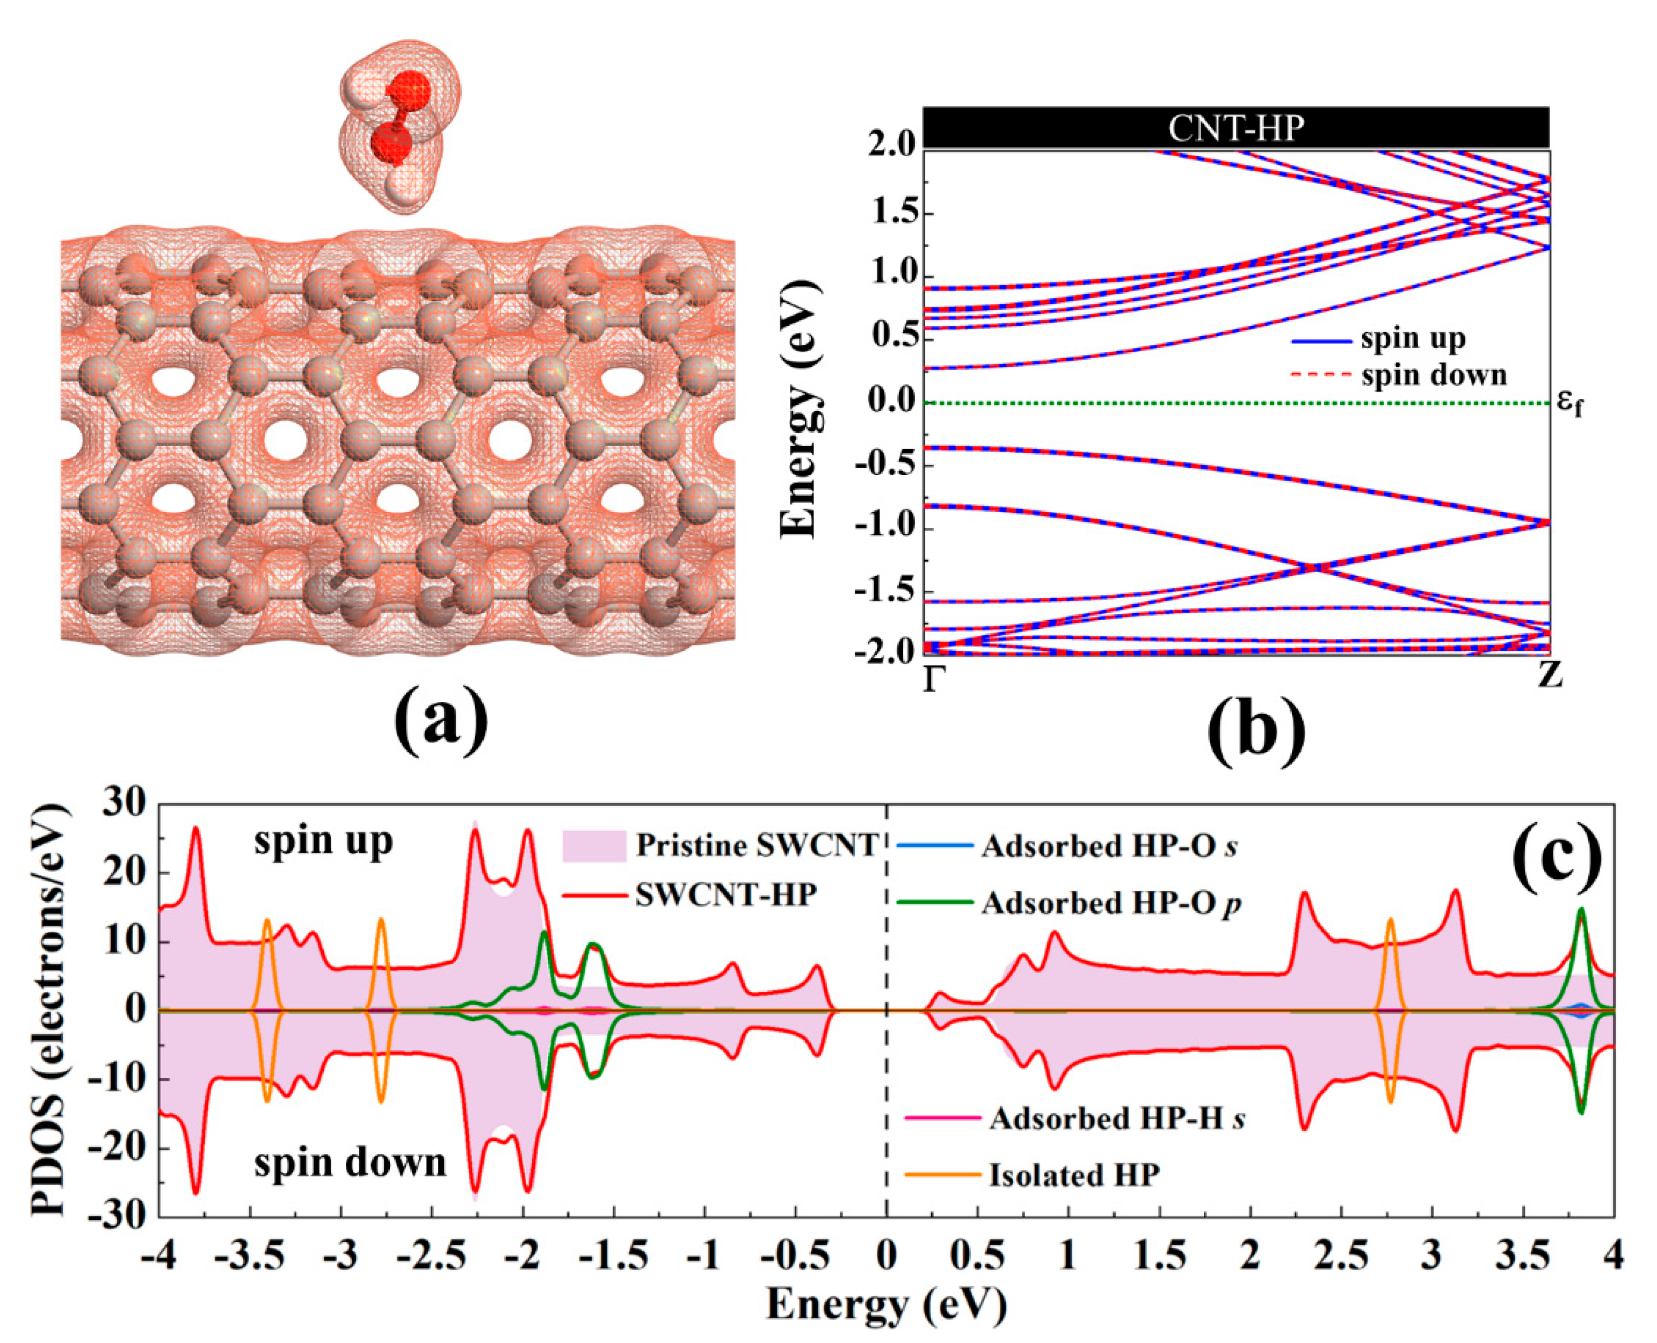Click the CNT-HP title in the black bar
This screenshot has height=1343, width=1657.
[x=1236, y=128]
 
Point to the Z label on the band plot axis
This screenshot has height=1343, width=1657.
[x=1550, y=676]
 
